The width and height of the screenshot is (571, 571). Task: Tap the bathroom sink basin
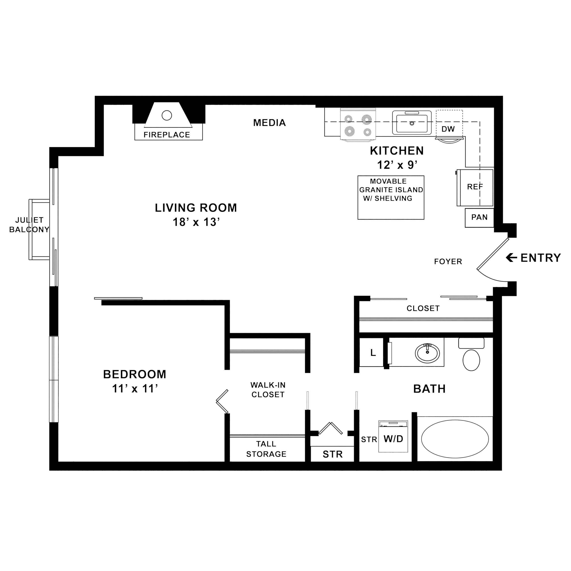point(427,353)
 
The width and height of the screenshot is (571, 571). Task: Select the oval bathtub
point(455,439)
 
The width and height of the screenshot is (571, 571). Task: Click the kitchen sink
point(412,123)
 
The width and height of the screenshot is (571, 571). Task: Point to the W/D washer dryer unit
point(393,437)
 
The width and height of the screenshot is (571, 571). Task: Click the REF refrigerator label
point(475,187)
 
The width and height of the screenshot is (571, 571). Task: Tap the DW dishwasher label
point(448,129)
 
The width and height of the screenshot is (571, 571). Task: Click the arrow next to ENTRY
point(511,258)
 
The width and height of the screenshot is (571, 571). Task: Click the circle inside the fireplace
point(167,115)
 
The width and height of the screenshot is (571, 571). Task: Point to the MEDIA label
point(269,123)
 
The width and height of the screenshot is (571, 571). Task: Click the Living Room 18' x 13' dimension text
point(196,222)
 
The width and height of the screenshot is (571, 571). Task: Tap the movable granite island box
point(391,197)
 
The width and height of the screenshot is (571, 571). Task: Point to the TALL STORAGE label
point(266,449)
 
